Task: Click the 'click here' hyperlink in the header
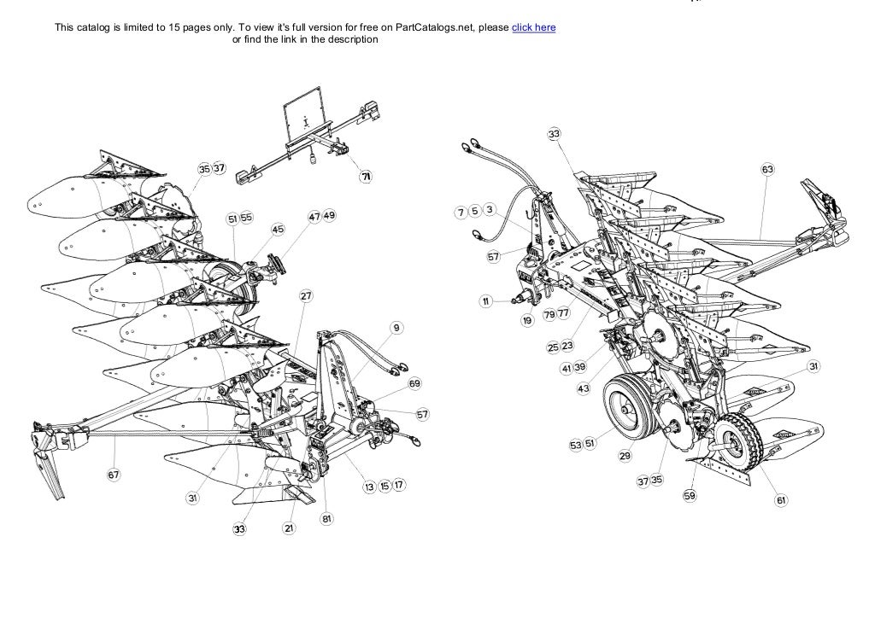[533, 27]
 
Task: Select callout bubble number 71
[366, 177]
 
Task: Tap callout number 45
[277, 230]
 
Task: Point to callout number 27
[305, 296]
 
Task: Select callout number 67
[114, 475]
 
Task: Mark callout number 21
[289, 529]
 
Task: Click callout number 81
[326, 519]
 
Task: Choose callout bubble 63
[767, 170]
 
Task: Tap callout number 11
[484, 300]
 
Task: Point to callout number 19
[528, 320]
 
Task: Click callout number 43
[584, 388]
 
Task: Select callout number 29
[625, 457]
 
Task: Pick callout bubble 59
[690, 495]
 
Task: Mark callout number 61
[781, 500]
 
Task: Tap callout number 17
[399, 485]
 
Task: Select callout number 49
[329, 217]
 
